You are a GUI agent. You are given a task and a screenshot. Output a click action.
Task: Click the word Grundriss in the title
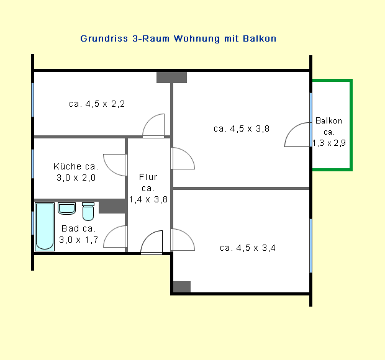104,38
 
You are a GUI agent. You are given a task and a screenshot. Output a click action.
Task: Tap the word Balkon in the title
260,38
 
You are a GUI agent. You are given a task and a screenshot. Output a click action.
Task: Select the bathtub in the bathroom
45,227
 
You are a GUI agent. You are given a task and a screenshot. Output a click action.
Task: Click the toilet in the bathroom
88,212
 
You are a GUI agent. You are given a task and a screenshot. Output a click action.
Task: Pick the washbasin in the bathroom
67,209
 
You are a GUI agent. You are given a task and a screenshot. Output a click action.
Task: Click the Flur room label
148,177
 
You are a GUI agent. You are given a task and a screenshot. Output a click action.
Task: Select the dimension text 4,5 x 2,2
105,104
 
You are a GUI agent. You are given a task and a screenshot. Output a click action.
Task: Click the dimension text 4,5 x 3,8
250,129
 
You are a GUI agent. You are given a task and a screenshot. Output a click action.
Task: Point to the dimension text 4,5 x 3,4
256,248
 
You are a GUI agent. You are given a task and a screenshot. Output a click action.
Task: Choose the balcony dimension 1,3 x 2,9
329,143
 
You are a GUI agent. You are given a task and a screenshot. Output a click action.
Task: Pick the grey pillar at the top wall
171,78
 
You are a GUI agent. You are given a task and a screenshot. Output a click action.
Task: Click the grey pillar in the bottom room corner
182,287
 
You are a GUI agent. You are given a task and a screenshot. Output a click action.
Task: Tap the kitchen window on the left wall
33,164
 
